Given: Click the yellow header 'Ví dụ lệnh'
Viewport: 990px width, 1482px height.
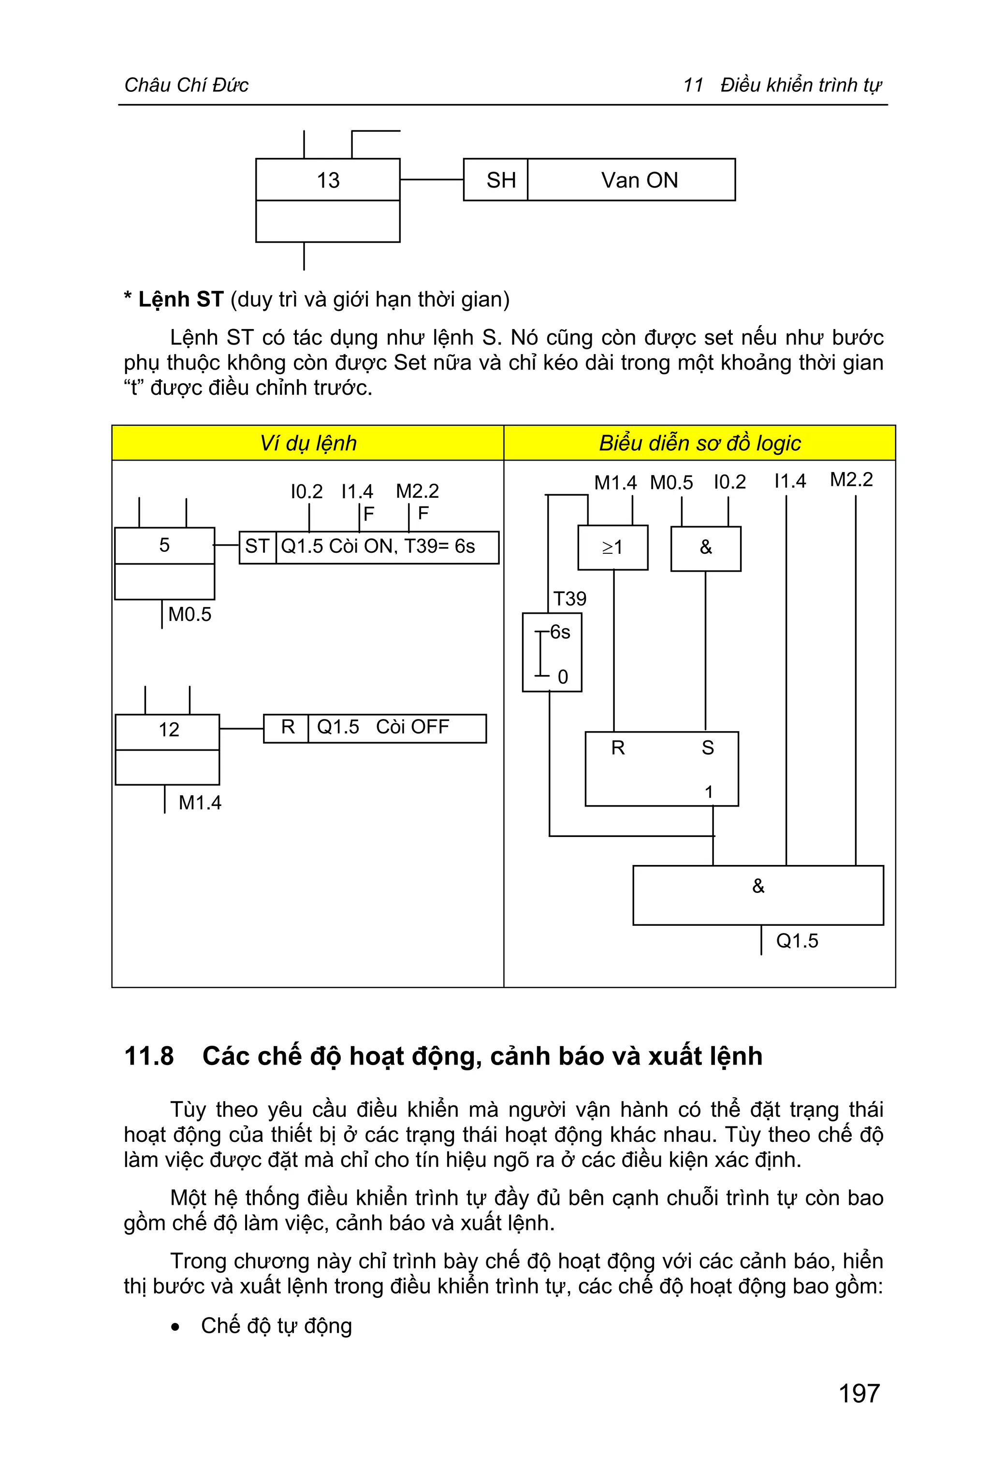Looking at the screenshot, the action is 308,443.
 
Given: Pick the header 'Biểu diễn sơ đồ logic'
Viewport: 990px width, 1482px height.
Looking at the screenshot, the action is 699,443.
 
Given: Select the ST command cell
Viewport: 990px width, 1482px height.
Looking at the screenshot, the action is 257,547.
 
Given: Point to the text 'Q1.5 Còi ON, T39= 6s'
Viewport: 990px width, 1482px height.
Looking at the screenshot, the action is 378,547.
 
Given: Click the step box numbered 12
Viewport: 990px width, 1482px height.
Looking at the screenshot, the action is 168,730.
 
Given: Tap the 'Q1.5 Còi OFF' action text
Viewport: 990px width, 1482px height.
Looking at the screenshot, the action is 383,728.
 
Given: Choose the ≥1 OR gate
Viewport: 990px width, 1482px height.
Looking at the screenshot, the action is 612,547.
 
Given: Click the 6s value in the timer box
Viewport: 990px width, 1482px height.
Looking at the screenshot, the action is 560,632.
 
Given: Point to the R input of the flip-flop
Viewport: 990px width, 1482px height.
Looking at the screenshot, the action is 617,748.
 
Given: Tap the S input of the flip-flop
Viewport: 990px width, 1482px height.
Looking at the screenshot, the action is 708,748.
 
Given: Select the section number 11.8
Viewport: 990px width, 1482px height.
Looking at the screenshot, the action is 149,1056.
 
